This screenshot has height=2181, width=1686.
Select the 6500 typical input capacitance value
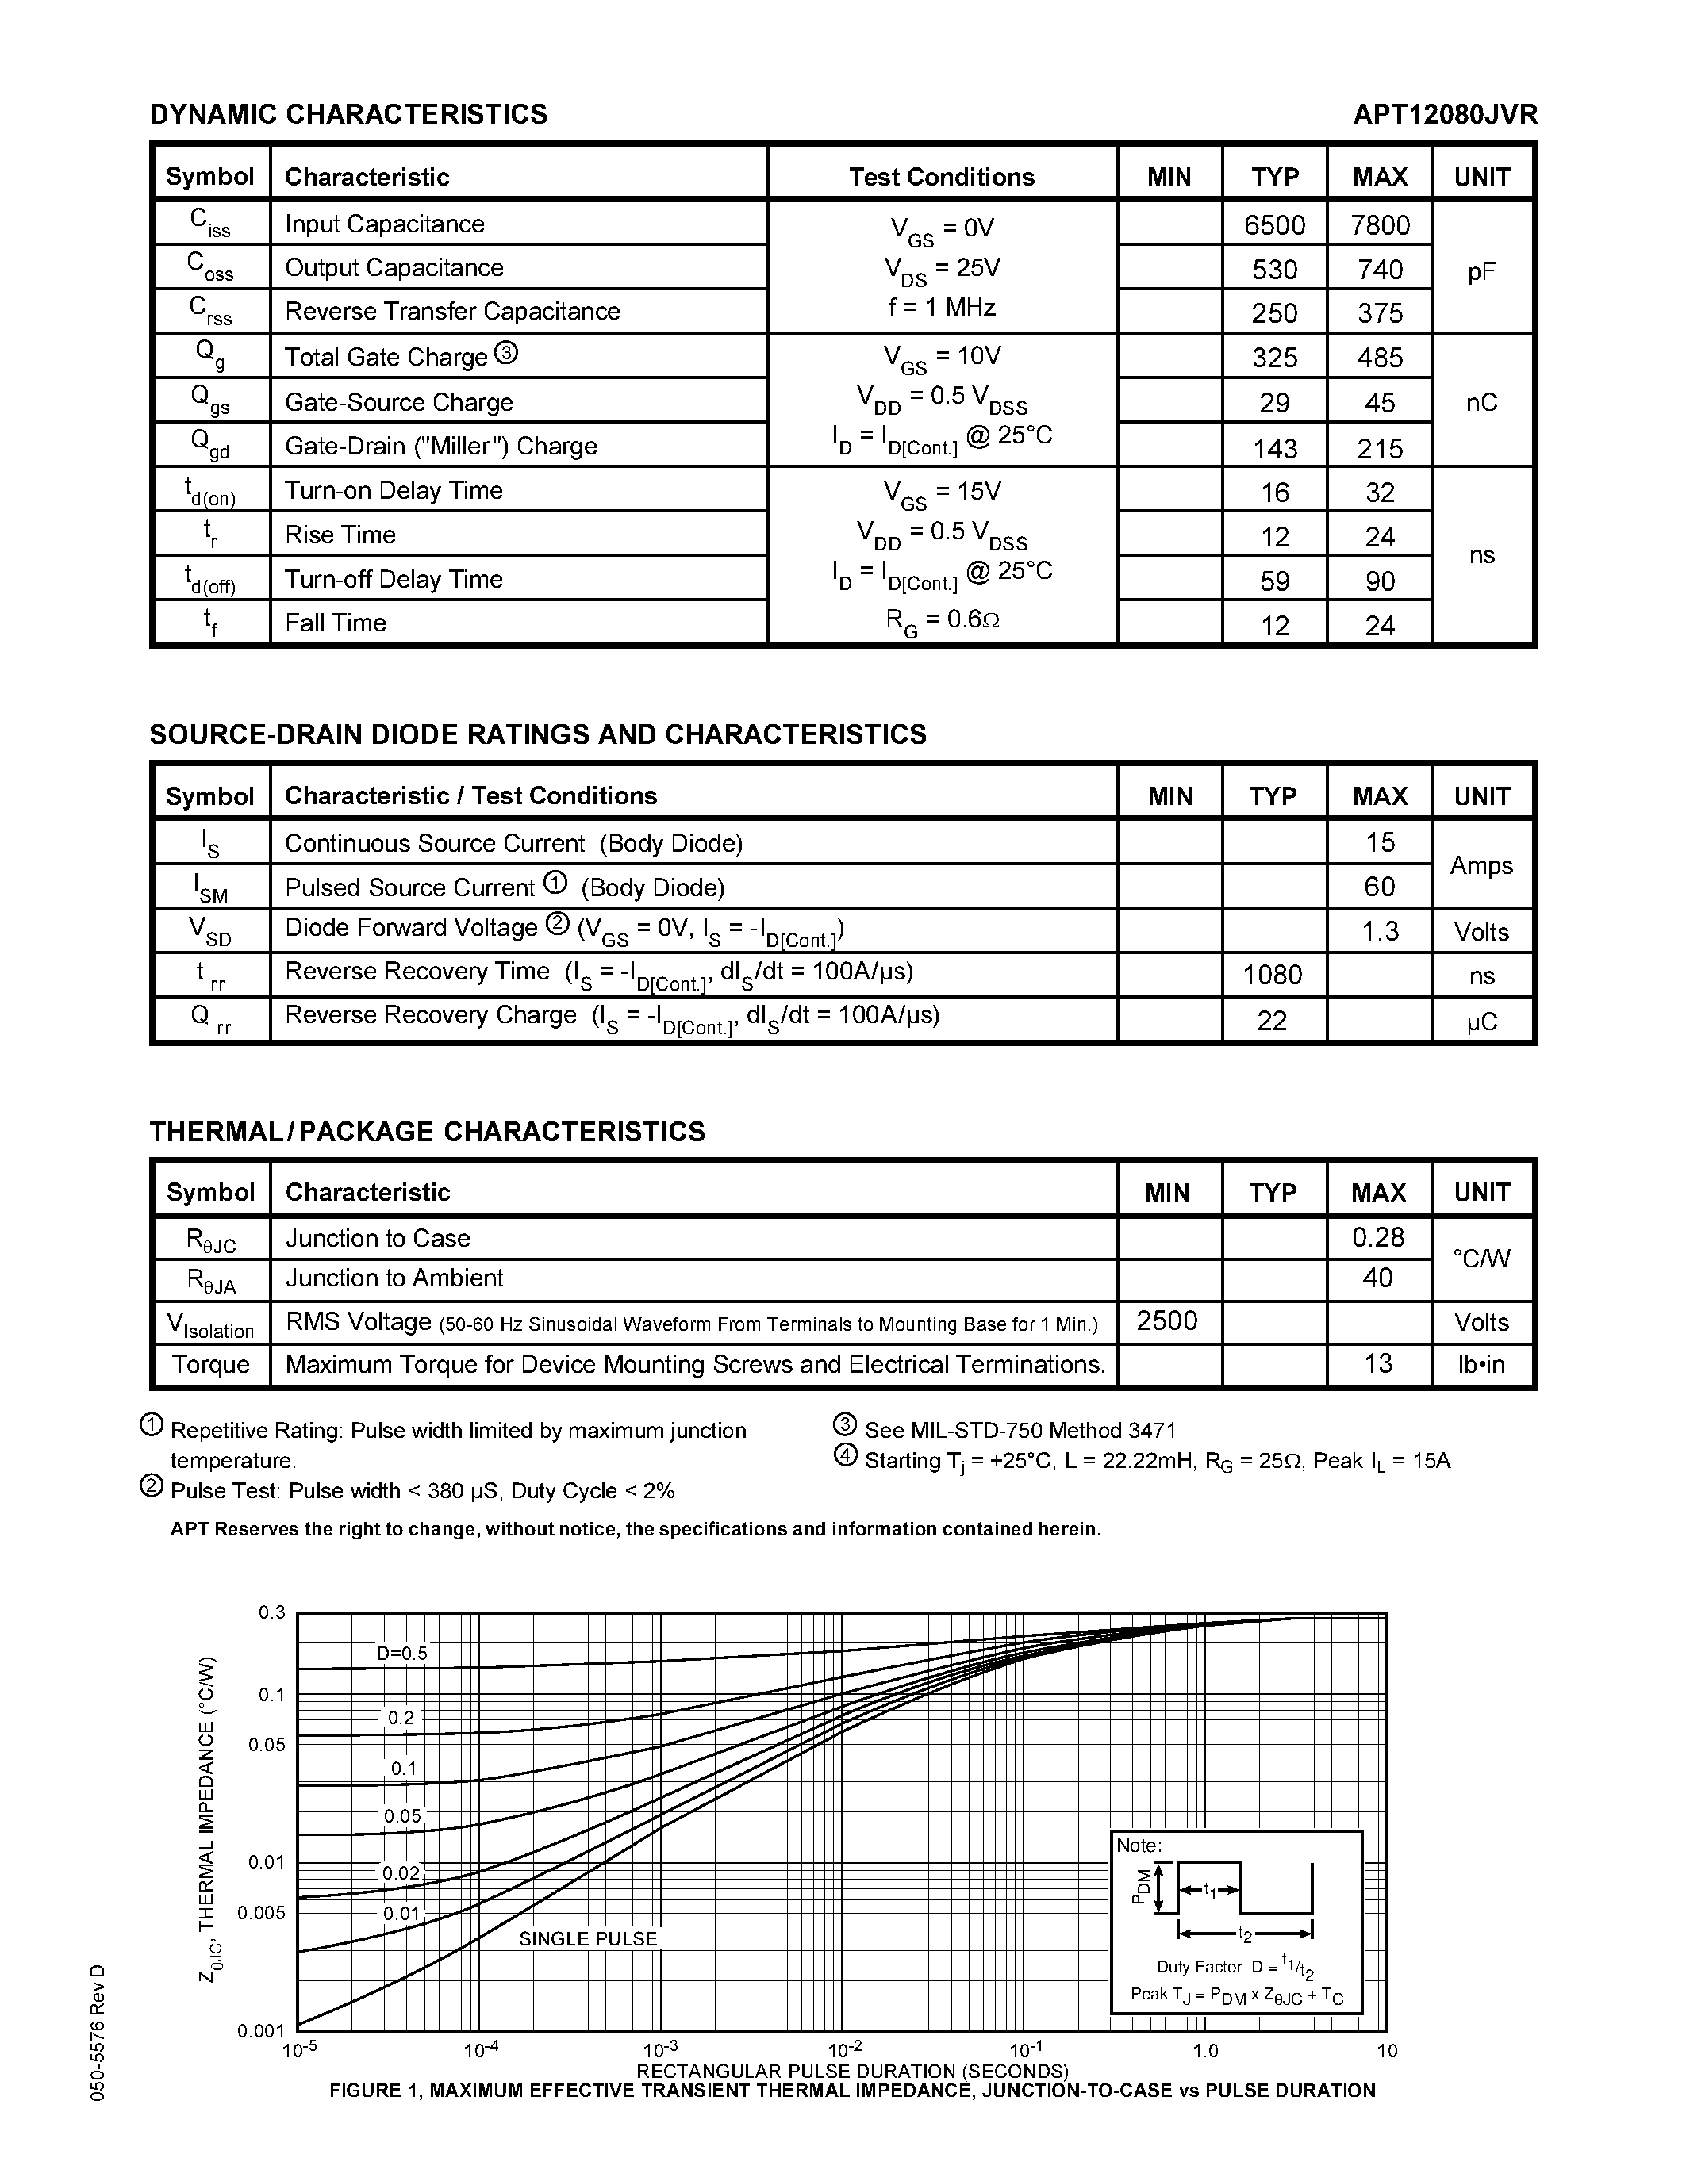pos(1274,224)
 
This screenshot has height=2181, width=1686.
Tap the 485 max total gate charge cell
pos(1380,358)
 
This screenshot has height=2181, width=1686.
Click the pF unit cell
pos(1481,271)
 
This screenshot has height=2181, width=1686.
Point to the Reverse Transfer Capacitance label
pos(452,311)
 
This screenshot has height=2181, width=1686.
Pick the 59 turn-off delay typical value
pos(1274,581)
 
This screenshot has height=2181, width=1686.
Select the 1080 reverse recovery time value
pos(1273,975)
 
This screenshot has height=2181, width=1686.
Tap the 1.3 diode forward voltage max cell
pos(1380,931)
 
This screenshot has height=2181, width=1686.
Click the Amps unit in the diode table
pos(1481,864)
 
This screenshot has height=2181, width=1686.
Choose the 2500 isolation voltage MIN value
pos(1166,1320)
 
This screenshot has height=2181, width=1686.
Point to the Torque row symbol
pos(211,1364)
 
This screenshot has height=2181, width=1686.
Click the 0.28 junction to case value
pos(1378,1237)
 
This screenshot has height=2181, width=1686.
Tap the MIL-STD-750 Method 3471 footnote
pos(1019,1430)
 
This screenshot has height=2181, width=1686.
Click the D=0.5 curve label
pos(401,1653)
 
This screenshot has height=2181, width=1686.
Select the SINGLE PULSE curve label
pos(587,1938)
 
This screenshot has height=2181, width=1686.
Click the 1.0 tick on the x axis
pos(1205,2050)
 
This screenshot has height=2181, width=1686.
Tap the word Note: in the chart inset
pos(1139,1846)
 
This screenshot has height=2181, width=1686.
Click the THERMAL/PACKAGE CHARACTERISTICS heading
pos(428,1132)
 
